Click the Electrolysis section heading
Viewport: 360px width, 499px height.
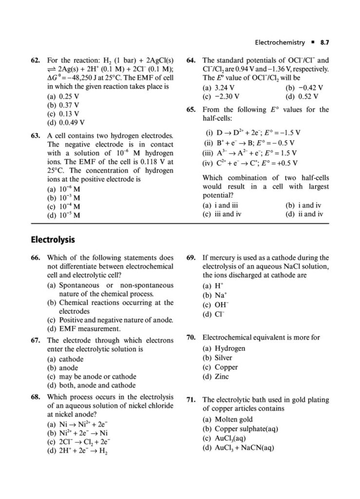coord(52,240)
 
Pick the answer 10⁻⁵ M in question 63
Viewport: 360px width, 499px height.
coord(63,214)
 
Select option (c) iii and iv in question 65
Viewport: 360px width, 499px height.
coord(222,214)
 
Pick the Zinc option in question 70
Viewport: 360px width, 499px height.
coord(218,376)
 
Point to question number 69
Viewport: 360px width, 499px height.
coord(191,258)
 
